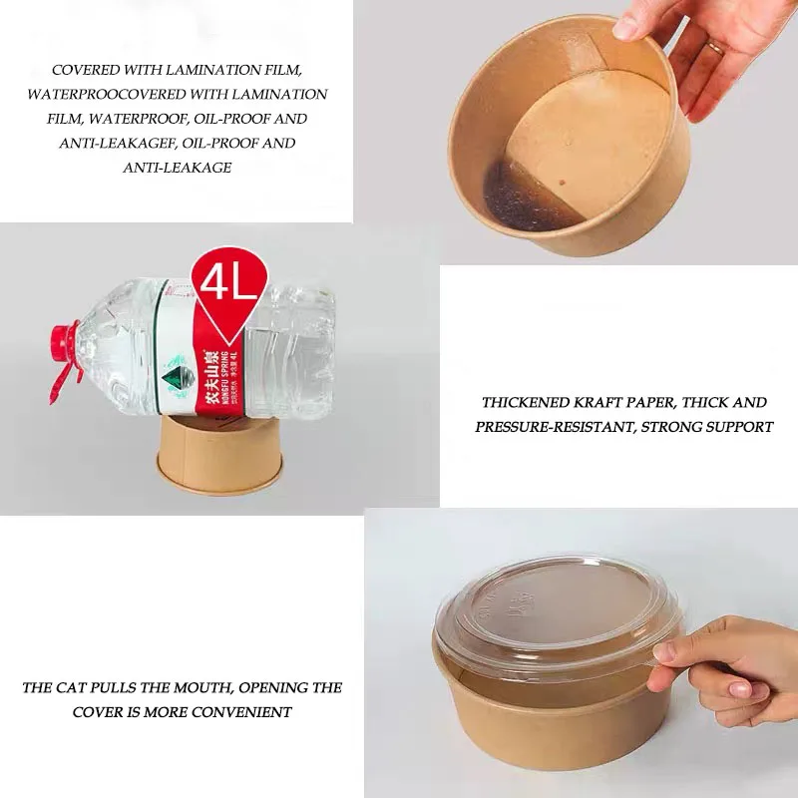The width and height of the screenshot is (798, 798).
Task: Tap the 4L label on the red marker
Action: point(230,283)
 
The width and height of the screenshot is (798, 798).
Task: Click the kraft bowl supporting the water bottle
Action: point(218,456)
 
